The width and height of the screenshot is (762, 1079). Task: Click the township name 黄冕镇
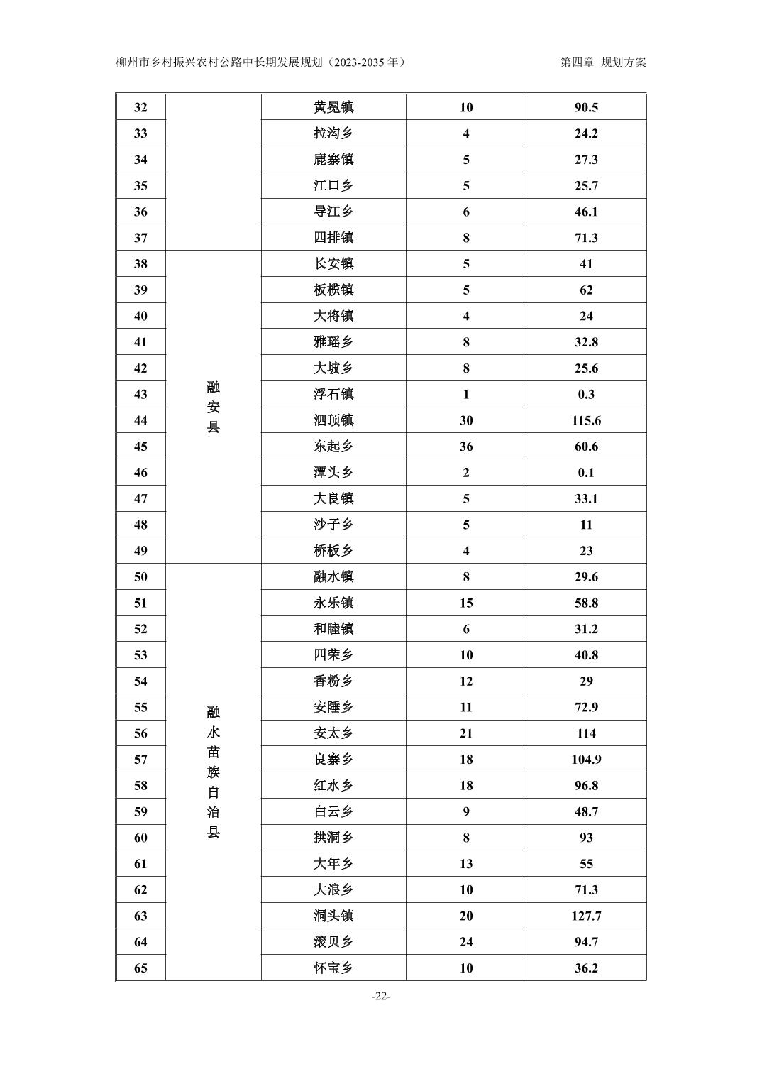point(333,107)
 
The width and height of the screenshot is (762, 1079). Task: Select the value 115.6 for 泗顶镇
point(586,420)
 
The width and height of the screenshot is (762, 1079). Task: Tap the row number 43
point(140,394)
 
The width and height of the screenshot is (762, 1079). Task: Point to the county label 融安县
point(213,407)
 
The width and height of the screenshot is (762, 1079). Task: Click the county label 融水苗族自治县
point(213,772)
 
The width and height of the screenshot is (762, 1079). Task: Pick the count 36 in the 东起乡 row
point(465,447)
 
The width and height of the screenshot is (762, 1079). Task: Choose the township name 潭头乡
point(333,473)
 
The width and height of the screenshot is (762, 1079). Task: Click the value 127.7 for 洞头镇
point(586,916)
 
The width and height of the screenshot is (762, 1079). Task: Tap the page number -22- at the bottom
point(381,996)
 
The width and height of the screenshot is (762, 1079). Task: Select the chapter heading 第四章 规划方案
point(603,62)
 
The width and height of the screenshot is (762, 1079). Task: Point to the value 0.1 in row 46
point(586,473)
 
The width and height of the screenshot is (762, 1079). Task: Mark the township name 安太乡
point(333,733)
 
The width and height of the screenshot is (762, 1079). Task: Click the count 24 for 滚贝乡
point(465,942)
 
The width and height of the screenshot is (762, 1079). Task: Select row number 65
point(140,968)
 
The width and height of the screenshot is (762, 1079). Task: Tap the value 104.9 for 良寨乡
point(586,760)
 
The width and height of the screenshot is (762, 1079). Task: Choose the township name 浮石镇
point(333,394)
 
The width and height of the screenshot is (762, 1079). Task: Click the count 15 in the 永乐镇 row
point(465,603)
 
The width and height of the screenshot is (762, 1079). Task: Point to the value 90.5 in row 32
point(586,107)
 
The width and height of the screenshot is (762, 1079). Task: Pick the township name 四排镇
point(333,238)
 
